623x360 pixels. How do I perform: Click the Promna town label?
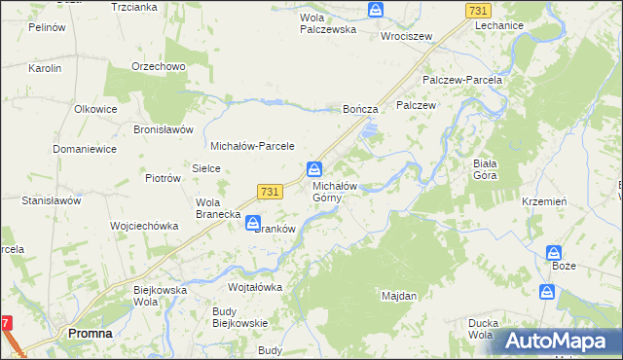(90, 333)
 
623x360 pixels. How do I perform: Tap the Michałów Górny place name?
(335, 192)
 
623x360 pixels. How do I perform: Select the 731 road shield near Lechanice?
(477, 10)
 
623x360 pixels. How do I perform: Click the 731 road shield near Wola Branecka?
(271, 192)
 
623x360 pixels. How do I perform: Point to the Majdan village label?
(399, 295)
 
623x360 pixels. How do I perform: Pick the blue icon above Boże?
(554, 252)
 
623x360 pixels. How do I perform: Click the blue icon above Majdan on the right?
(547, 291)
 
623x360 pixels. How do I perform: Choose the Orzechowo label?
(159, 67)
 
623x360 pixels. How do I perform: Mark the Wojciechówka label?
(144, 226)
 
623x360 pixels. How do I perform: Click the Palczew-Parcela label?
(461, 80)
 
